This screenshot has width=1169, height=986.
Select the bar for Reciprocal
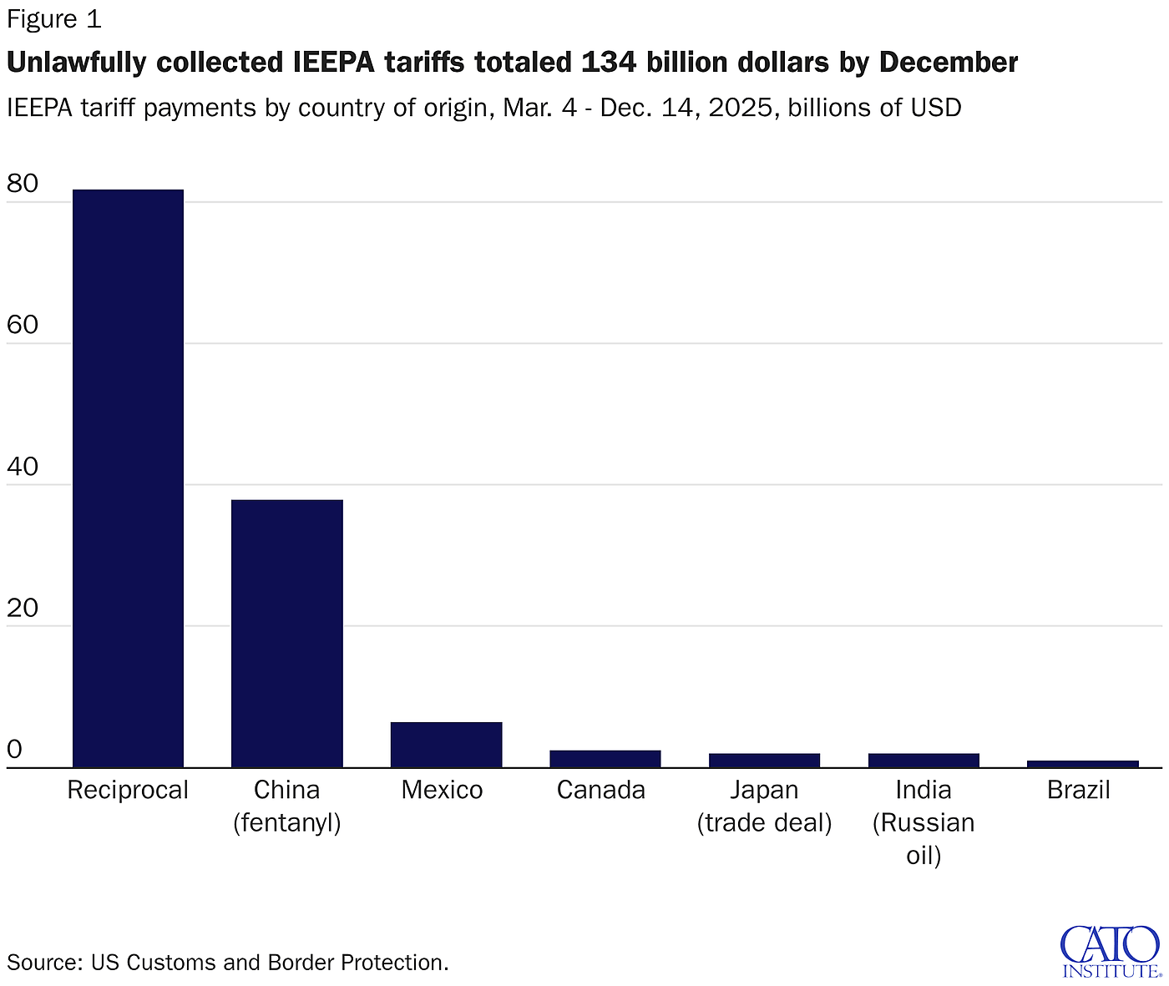click(128, 478)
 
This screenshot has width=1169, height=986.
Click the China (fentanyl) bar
click(286, 633)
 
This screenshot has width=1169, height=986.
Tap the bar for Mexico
click(446, 744)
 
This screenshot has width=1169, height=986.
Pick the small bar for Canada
click(605, 758)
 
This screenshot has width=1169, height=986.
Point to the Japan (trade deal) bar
click(764, 760)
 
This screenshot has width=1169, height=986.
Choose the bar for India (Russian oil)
click(923, 760)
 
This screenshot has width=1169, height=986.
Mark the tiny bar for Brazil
click(1082, 764)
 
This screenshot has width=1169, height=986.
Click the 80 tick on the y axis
click(23, 183)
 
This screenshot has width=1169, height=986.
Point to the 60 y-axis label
click(23, 325)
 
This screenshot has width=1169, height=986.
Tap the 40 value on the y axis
click(23, 466)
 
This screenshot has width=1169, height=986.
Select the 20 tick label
click(23, 608)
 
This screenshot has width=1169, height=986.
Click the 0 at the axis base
click(14, 749)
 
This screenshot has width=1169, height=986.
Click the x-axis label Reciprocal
click(128, 790)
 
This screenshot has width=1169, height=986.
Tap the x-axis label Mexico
click(442, 790)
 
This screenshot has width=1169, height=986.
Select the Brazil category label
click(1078, 790)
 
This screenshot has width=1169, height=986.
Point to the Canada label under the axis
click(600, 790)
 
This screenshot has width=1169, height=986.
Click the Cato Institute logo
click(1110, 950)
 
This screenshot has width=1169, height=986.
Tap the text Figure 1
click(53, 18)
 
